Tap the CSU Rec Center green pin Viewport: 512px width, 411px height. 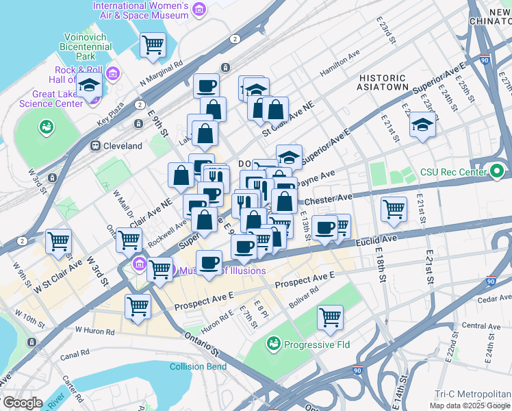[497, 169]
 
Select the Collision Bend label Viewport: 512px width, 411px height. [198, 366]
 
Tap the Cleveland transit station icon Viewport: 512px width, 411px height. [95, 146]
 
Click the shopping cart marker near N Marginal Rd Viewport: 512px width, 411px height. [153, 45]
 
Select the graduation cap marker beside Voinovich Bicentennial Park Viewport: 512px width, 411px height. [89, 86]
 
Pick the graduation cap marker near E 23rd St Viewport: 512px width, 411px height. [422, 125]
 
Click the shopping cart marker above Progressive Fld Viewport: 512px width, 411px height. [331, 317]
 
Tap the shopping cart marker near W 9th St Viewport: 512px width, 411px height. [59, 241]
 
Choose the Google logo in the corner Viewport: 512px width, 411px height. [22, 403]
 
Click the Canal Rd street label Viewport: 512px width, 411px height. [73, 354]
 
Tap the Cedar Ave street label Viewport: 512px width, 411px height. [496, 297]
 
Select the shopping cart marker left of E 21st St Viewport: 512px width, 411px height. [394, 209]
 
